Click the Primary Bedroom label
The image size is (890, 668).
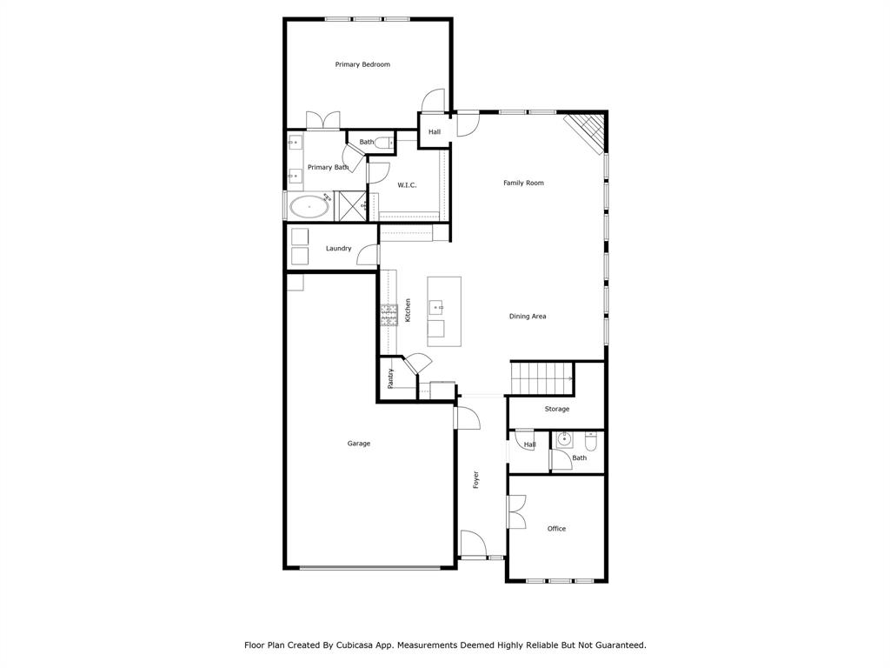pos(362,64)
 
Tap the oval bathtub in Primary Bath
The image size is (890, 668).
pos(309,207)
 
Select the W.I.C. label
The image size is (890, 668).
pos(408,184)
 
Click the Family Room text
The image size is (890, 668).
pos(523,183)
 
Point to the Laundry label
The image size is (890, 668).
pos(338,249)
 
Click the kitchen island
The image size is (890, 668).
pos(443,311)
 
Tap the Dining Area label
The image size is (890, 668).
pos(528,317)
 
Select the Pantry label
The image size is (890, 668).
pos(391,378)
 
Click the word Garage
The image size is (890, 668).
pos(359,444)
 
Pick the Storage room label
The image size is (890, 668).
pos(557,409)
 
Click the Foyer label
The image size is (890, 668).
pos(476,479)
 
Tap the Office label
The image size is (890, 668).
pos(556,529)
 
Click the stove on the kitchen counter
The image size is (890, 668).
pos(388,313)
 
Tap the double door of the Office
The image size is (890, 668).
pos(515,511)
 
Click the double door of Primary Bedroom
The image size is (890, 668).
pos(323,121)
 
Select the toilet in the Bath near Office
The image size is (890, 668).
pos(591,441)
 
